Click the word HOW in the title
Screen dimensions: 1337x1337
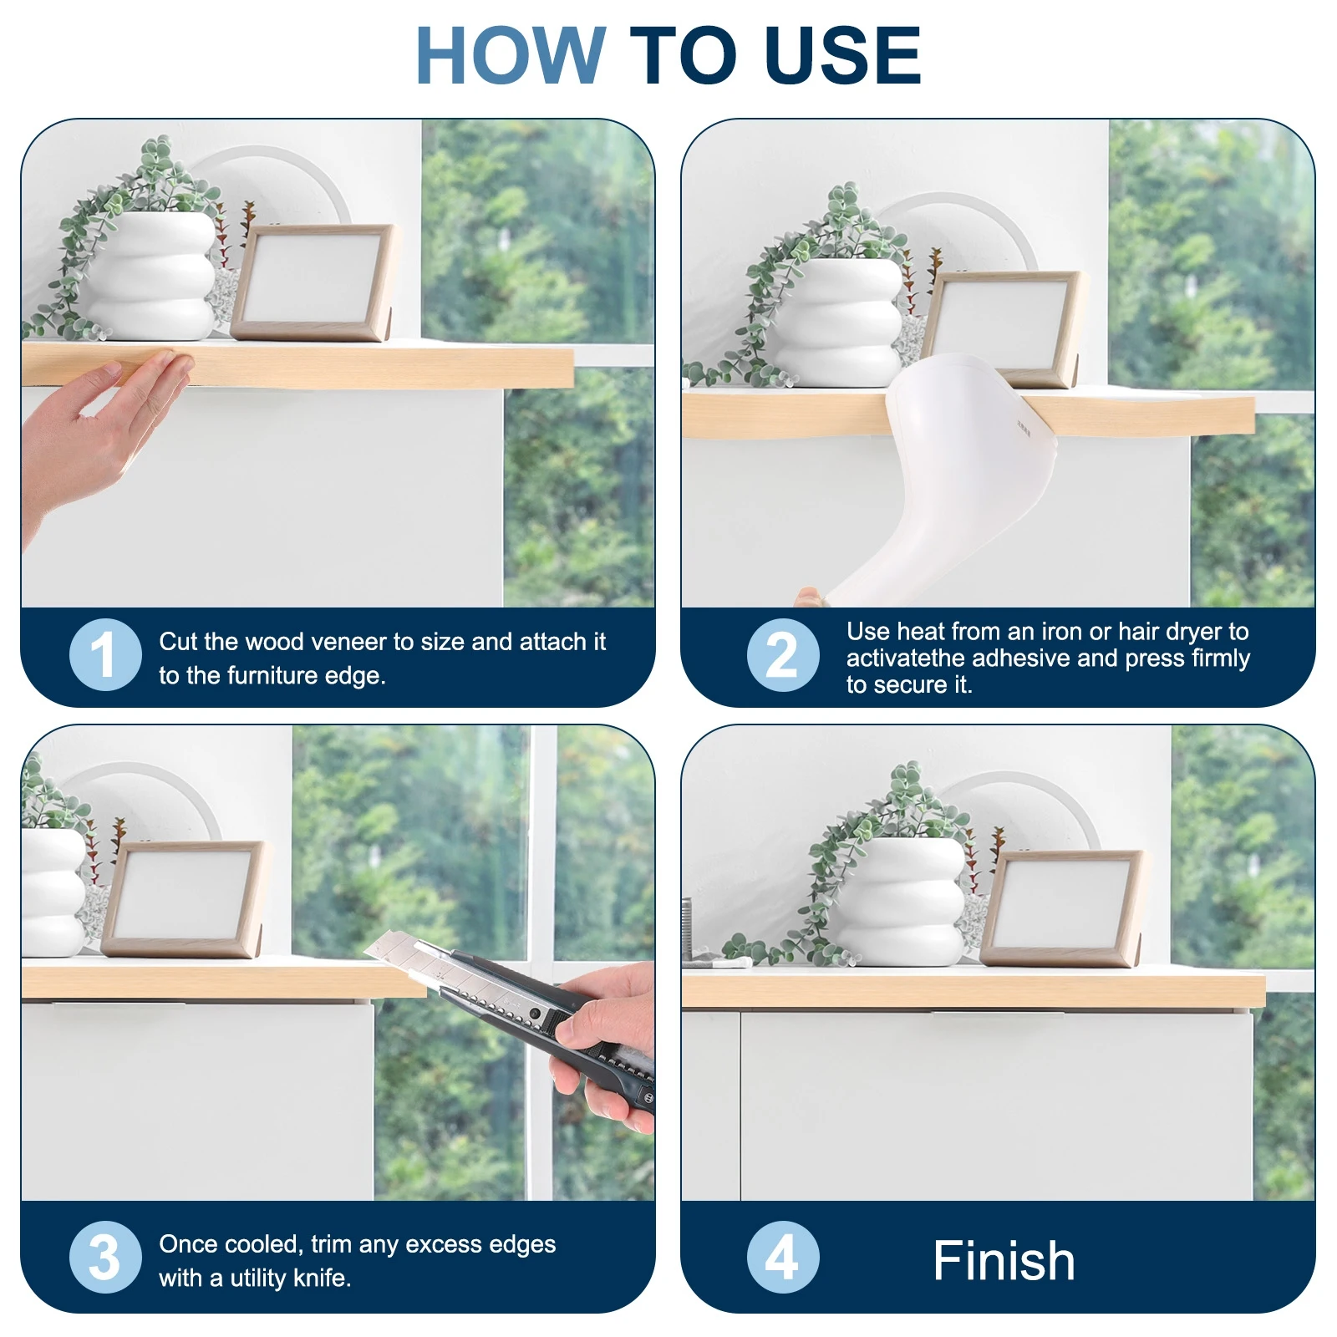tap(510, 56)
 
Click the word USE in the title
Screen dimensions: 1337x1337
tap(842, 56)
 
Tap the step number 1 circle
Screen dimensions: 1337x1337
tap(105, 654)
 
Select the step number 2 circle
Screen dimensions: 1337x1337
tap(782, 655)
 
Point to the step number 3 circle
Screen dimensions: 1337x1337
tap(105, 1257)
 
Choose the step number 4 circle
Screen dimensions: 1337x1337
tap(782, 1257)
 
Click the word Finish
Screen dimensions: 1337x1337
tap(1004, 1260)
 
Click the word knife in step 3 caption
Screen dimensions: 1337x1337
tap(320, 1278)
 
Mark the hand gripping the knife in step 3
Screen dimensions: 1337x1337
tap(606, 1045)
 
